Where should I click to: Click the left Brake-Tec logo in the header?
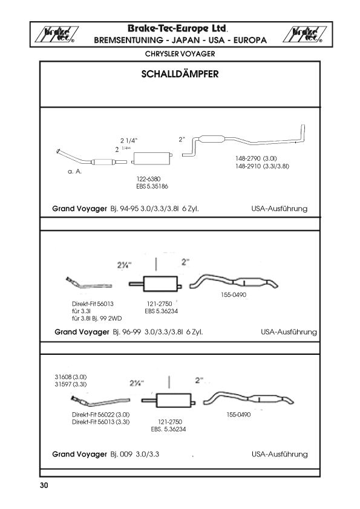[x=56, y=34]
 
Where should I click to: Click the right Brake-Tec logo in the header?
[x=304, y=34]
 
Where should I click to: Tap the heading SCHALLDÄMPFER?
[x=180, y=74]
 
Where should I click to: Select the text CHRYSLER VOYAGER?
[x=180, y=54]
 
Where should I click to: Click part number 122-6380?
[x=148, y=179]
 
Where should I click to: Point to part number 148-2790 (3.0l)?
[x=256, y=158]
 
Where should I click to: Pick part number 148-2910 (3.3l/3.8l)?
[x=262, y=166]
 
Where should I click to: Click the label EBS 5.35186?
[x=152, y=187]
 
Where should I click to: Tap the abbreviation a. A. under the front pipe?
[x=74, y=172]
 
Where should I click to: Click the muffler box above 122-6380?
[x=152, y=158]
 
